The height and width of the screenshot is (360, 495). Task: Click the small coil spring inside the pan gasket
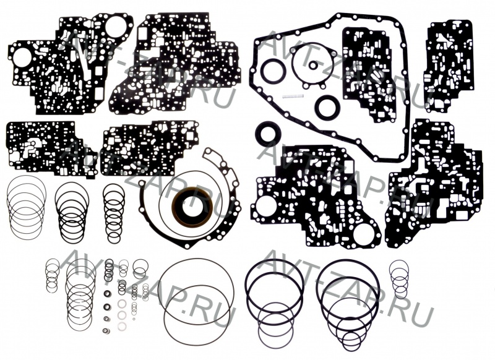[293, 96]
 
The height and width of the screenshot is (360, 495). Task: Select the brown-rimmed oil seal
[192, 207]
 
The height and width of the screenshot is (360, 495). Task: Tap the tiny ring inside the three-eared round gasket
[313, 66]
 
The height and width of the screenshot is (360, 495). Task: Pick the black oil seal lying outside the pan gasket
[267, 133]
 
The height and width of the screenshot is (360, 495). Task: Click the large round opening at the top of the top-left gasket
[116, 27]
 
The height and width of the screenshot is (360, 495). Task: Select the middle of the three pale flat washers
[122, 315]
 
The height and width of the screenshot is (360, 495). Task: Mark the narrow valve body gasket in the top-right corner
[448, 66]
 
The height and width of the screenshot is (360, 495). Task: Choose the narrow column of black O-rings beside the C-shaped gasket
[114, 213]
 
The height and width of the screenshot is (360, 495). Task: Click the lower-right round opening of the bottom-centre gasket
[363, 234]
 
